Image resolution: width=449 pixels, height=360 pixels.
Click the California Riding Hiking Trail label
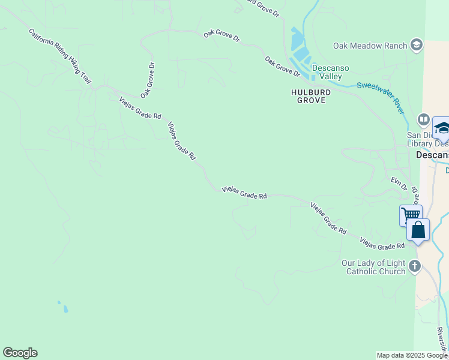(60, 55)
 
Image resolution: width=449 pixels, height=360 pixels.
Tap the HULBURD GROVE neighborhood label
(308, 96)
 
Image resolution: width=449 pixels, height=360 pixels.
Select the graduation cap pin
(442, 128)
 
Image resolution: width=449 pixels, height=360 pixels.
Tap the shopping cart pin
(411, 215)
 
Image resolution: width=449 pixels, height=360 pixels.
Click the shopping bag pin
(418, 230)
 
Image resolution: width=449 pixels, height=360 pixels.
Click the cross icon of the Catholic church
(414, 266)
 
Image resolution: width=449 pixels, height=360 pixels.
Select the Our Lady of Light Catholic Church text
(373, 267)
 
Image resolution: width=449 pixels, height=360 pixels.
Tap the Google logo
(20, 353)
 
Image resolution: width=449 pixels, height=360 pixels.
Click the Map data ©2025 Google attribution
(412, 355)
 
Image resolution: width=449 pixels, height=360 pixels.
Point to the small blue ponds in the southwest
(64, 308)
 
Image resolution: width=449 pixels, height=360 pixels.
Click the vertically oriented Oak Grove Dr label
(148, 80)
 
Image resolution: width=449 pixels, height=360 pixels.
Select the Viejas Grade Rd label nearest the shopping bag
(382, 243)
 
